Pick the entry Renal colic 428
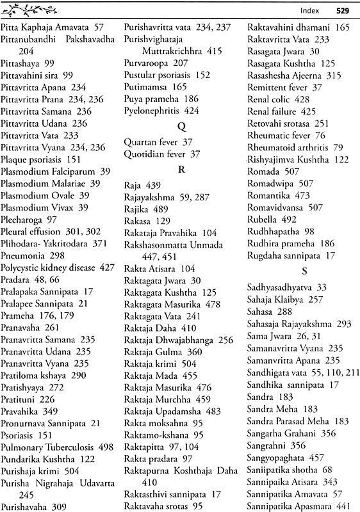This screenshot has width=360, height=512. click(279, 99)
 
